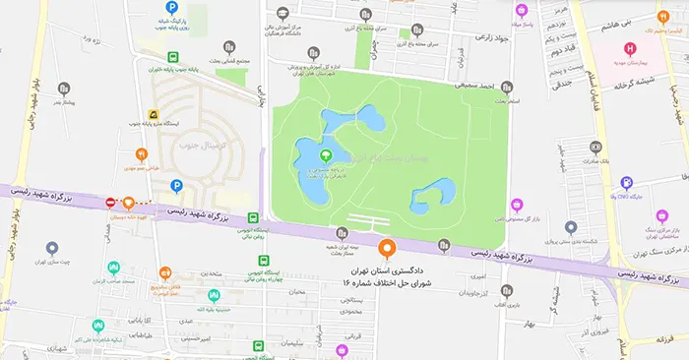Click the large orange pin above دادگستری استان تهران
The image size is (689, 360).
tap(386, 249)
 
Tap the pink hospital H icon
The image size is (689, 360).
tap(630, 48)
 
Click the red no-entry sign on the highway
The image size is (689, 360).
tap(110, 203)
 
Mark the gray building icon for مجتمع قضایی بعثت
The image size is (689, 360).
tap(229, 46)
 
